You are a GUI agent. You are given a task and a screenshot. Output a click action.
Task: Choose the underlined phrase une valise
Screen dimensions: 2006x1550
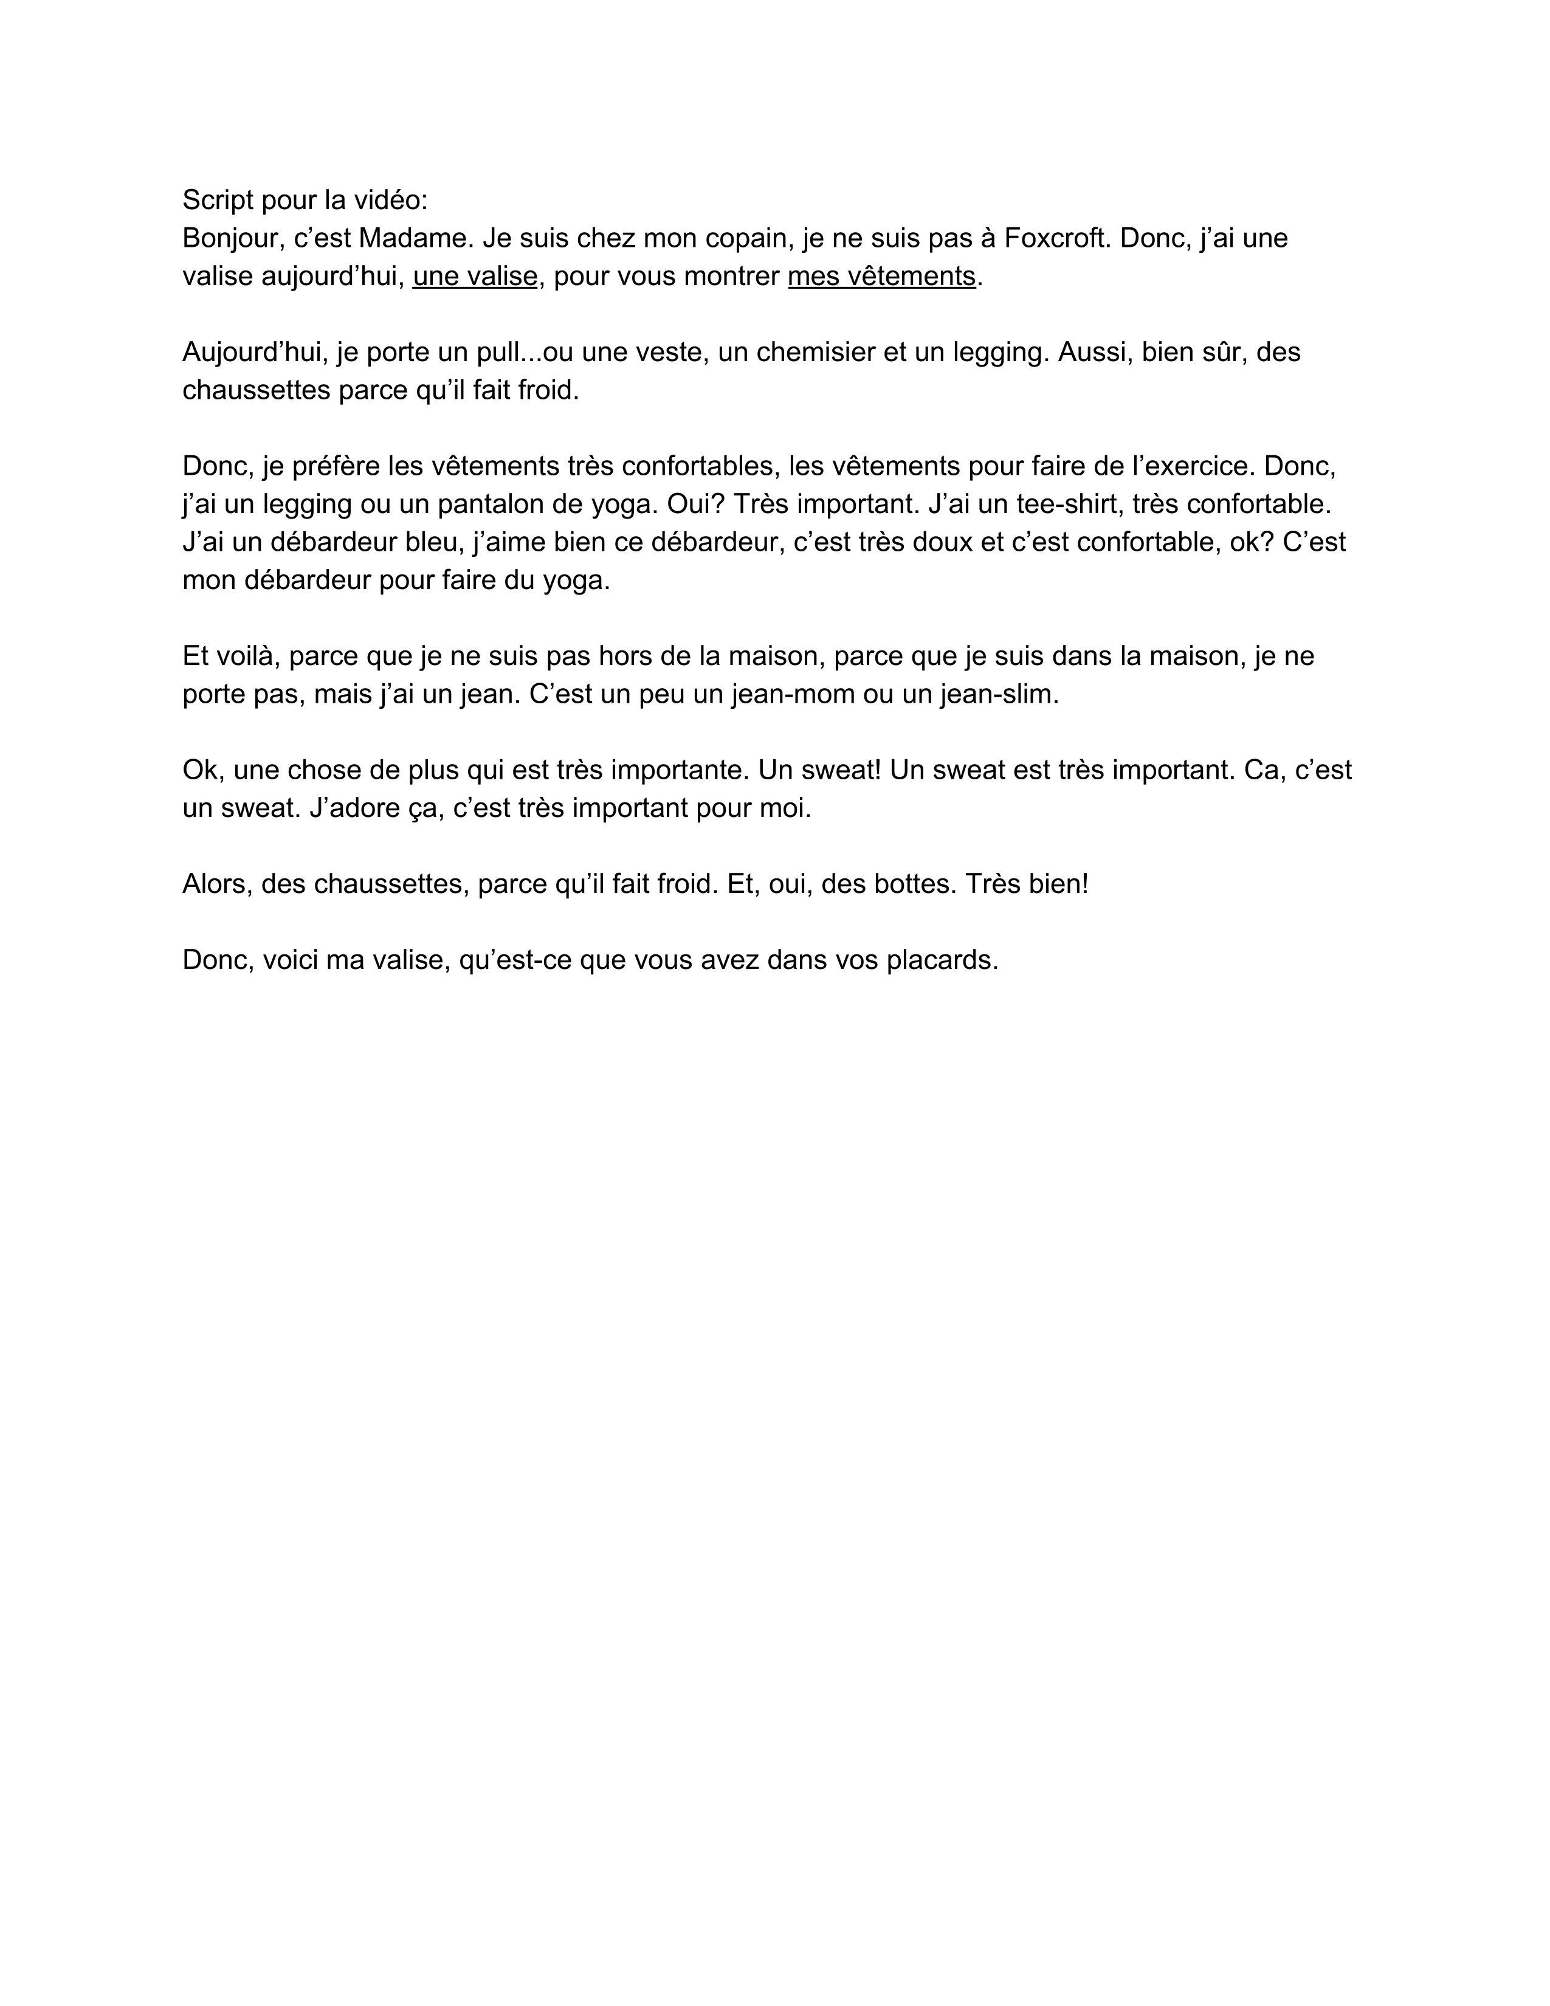pos(475,275)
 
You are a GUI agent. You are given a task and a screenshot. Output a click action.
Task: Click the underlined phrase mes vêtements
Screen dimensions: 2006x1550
pos(881,275)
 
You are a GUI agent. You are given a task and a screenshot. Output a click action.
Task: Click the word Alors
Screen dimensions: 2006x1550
pos(217,884)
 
